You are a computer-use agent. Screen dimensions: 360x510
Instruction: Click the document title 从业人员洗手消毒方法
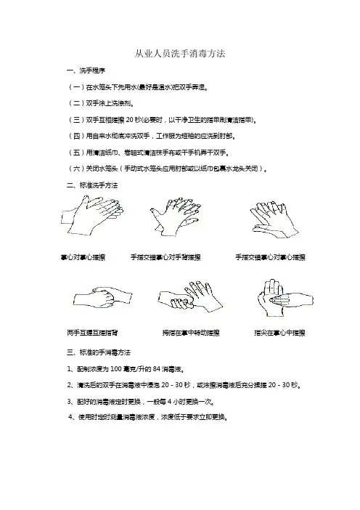pos(180,54)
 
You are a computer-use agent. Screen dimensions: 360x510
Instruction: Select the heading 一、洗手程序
pos(86,70)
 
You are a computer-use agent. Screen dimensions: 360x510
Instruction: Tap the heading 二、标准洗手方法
pos(92,185)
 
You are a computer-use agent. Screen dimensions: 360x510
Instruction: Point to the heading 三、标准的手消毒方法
pos(99,352)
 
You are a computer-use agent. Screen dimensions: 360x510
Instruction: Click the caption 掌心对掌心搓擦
pos(83,257)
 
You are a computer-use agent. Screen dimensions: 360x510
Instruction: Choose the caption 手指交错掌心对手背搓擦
pos(165,257)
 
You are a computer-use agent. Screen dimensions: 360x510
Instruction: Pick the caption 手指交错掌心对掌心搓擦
pos(270,257)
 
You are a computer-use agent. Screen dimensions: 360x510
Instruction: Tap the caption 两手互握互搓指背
pos(92,333)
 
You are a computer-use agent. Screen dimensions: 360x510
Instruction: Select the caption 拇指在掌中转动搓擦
pos(191,333)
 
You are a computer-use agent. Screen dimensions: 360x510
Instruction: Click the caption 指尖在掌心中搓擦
pos(279,333)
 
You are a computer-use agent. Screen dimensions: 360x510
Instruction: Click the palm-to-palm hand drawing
pos(92,215)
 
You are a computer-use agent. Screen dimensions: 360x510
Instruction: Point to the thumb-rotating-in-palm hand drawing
pos(190,296)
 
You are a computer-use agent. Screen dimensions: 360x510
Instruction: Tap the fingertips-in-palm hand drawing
pos(285,298)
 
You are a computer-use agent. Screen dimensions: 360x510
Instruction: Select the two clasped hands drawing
pos(102,297)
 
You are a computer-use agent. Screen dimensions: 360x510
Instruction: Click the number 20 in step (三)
pos(130,120)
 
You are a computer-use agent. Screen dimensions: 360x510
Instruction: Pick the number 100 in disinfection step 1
pos(116,369)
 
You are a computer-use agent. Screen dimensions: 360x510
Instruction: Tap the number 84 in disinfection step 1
pos(157,369)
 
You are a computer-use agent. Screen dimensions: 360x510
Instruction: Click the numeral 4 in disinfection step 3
pos(169,402)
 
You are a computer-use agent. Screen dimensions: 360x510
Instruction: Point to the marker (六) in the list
pos(76,169)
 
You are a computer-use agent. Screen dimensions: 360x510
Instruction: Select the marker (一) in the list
pos(76,87)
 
